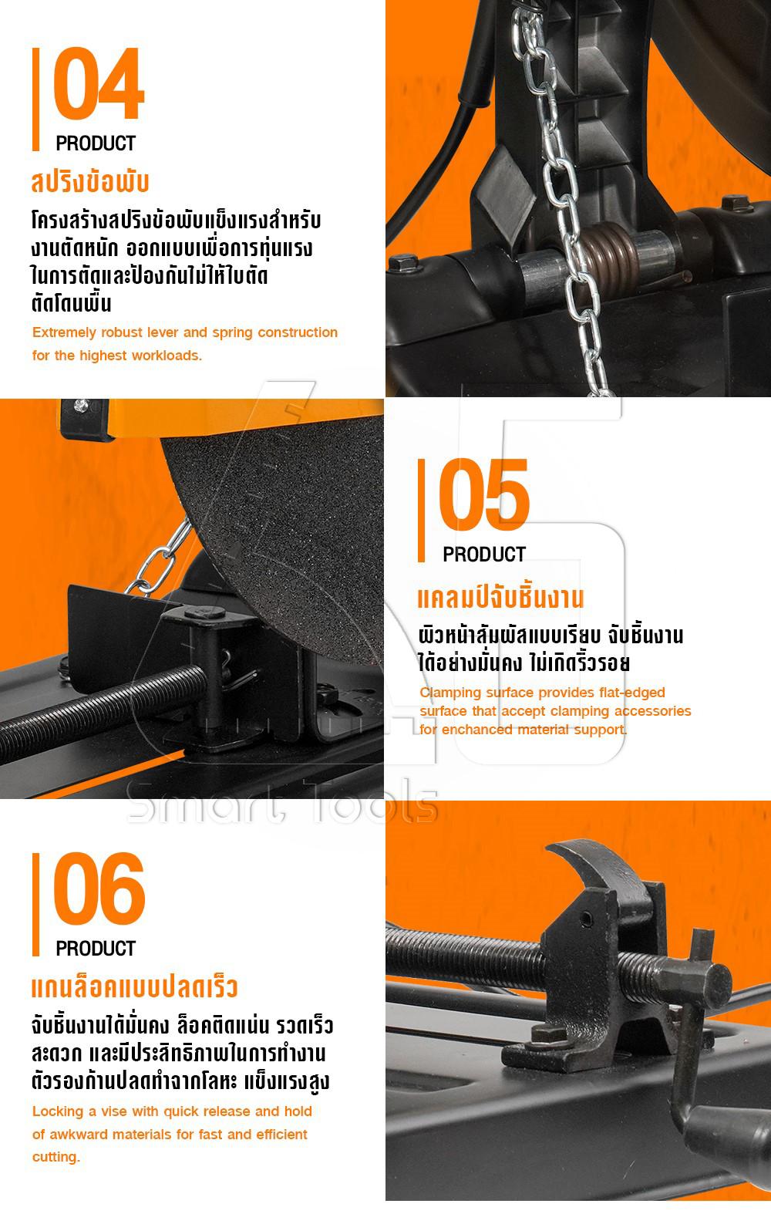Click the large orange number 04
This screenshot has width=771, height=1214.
[99, 83]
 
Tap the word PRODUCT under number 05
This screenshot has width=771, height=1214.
[484, 555]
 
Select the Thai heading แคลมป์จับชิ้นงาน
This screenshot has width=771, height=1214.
[500, 597]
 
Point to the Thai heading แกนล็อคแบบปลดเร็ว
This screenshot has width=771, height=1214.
[134, 987]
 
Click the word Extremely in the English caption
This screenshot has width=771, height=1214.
[65, 332]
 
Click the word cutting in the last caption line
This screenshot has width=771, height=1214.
[56, 1157]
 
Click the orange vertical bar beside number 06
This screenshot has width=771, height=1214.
[35, 904]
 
